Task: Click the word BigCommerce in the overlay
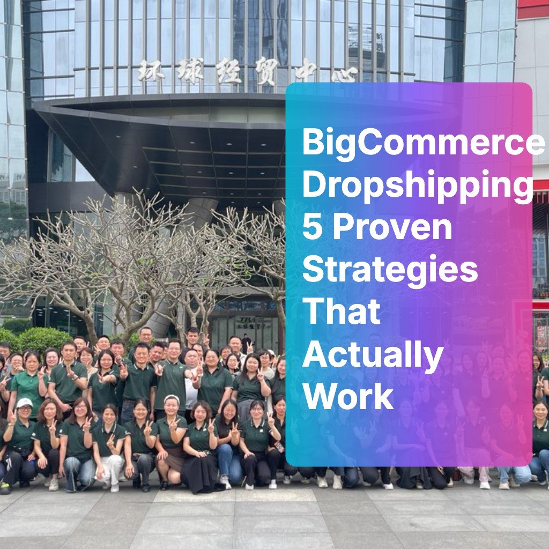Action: pos(423,143)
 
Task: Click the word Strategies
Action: pos(390,270)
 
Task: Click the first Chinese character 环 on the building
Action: pos(152,70)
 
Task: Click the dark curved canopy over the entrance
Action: pos(161,139)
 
